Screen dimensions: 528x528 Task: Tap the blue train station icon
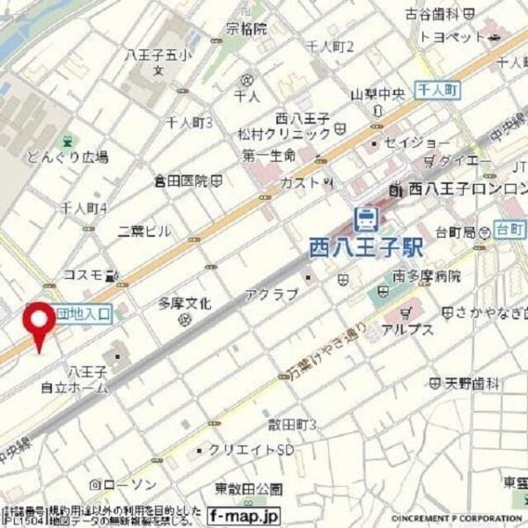364,216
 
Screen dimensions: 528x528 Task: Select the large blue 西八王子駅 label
366,246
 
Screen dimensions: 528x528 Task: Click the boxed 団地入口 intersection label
83,312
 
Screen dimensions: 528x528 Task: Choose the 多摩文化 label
185,304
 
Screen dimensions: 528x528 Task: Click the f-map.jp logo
244,516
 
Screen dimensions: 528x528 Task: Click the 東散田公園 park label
249,488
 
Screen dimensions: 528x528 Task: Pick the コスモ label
83,274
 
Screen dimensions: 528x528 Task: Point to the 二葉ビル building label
144,231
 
